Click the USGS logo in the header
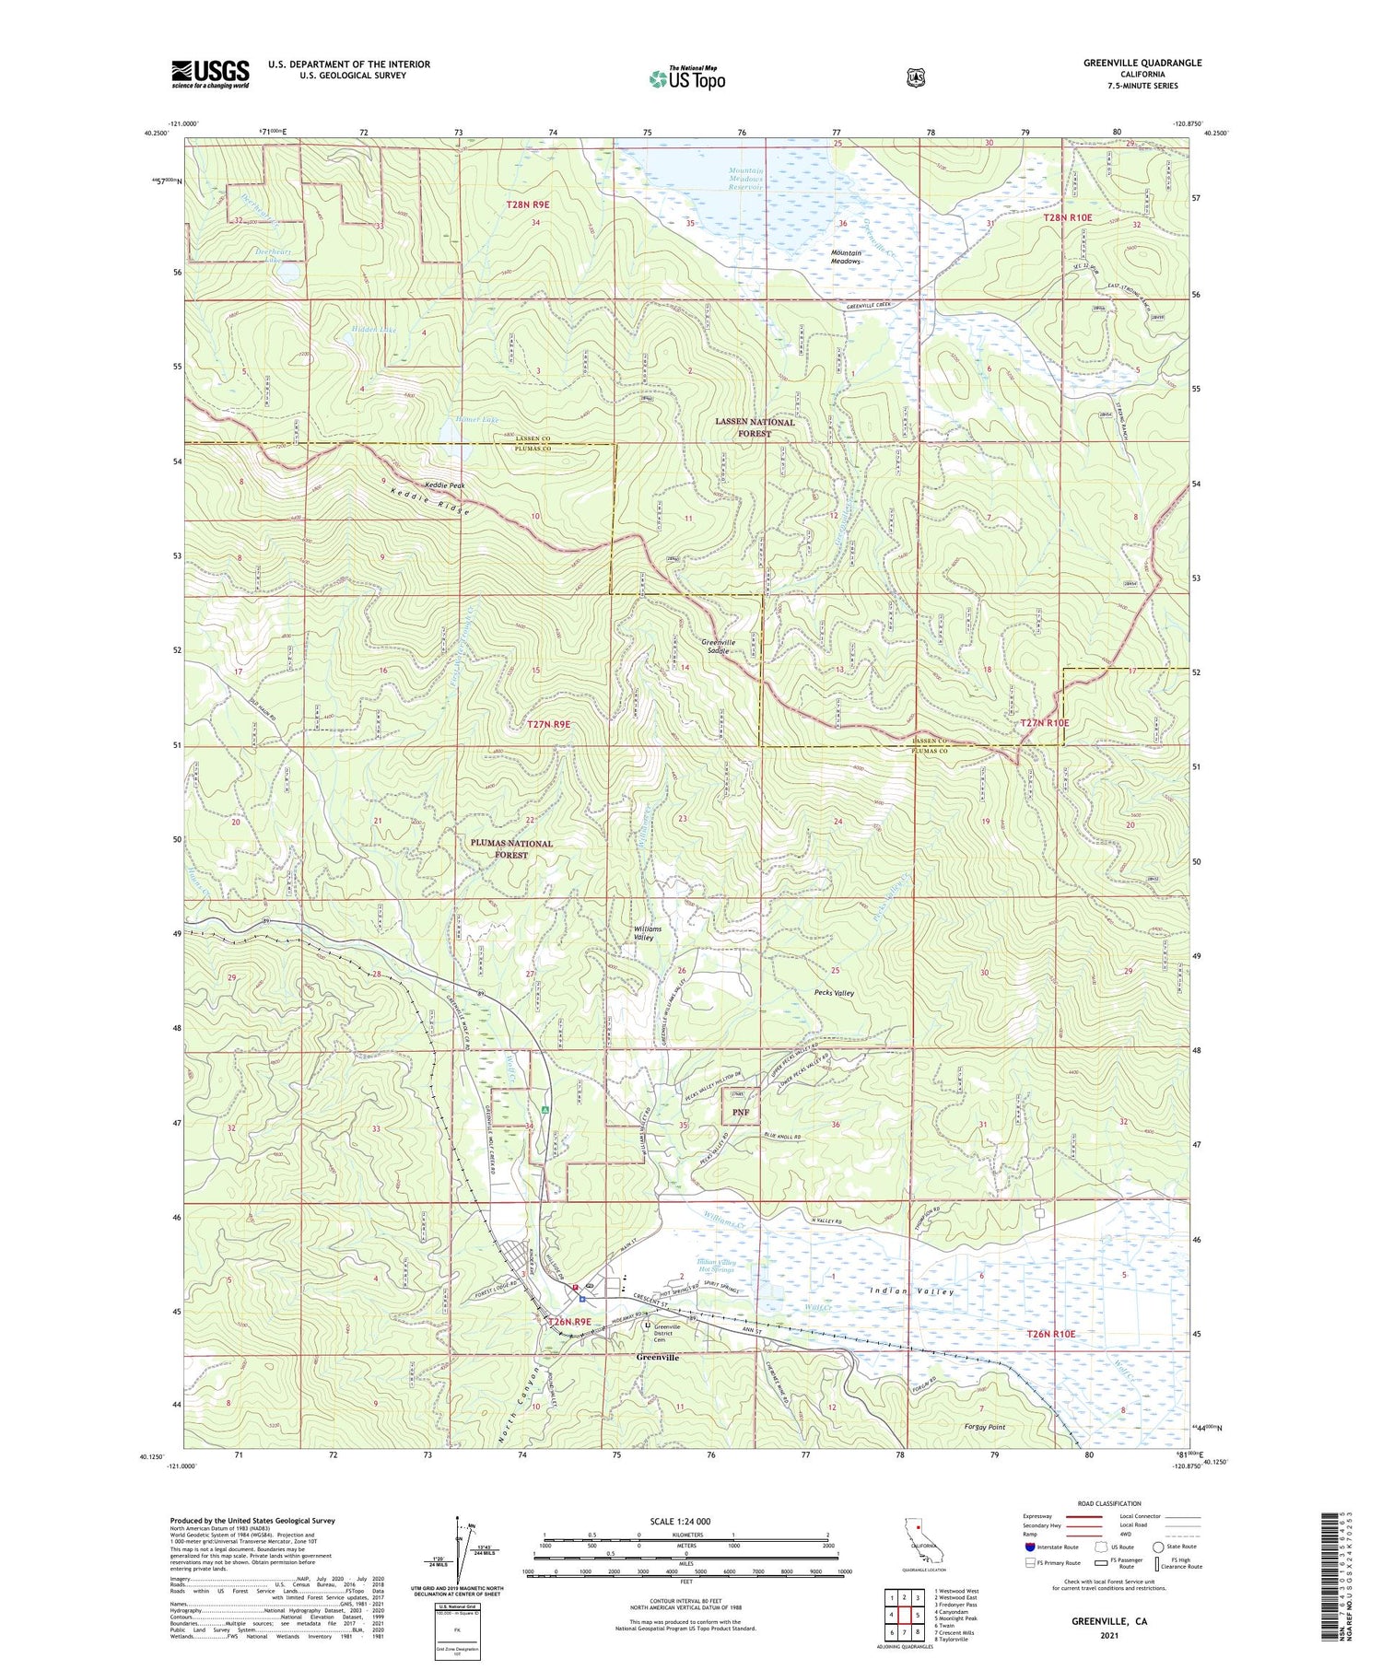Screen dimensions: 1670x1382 click(210, 74)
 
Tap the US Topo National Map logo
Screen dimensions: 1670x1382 click(687, 78)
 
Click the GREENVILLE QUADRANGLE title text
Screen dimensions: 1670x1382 click(1142, 63)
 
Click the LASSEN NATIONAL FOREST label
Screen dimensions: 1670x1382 click(755, 427)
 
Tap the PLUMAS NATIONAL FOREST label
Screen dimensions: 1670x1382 click(511, 848)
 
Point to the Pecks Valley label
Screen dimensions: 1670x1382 click(834, 993)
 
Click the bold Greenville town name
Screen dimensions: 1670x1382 click(658, 1358)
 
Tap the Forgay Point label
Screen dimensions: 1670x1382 click(985, 1427)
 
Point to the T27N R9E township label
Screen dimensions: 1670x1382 click(548, 724)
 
